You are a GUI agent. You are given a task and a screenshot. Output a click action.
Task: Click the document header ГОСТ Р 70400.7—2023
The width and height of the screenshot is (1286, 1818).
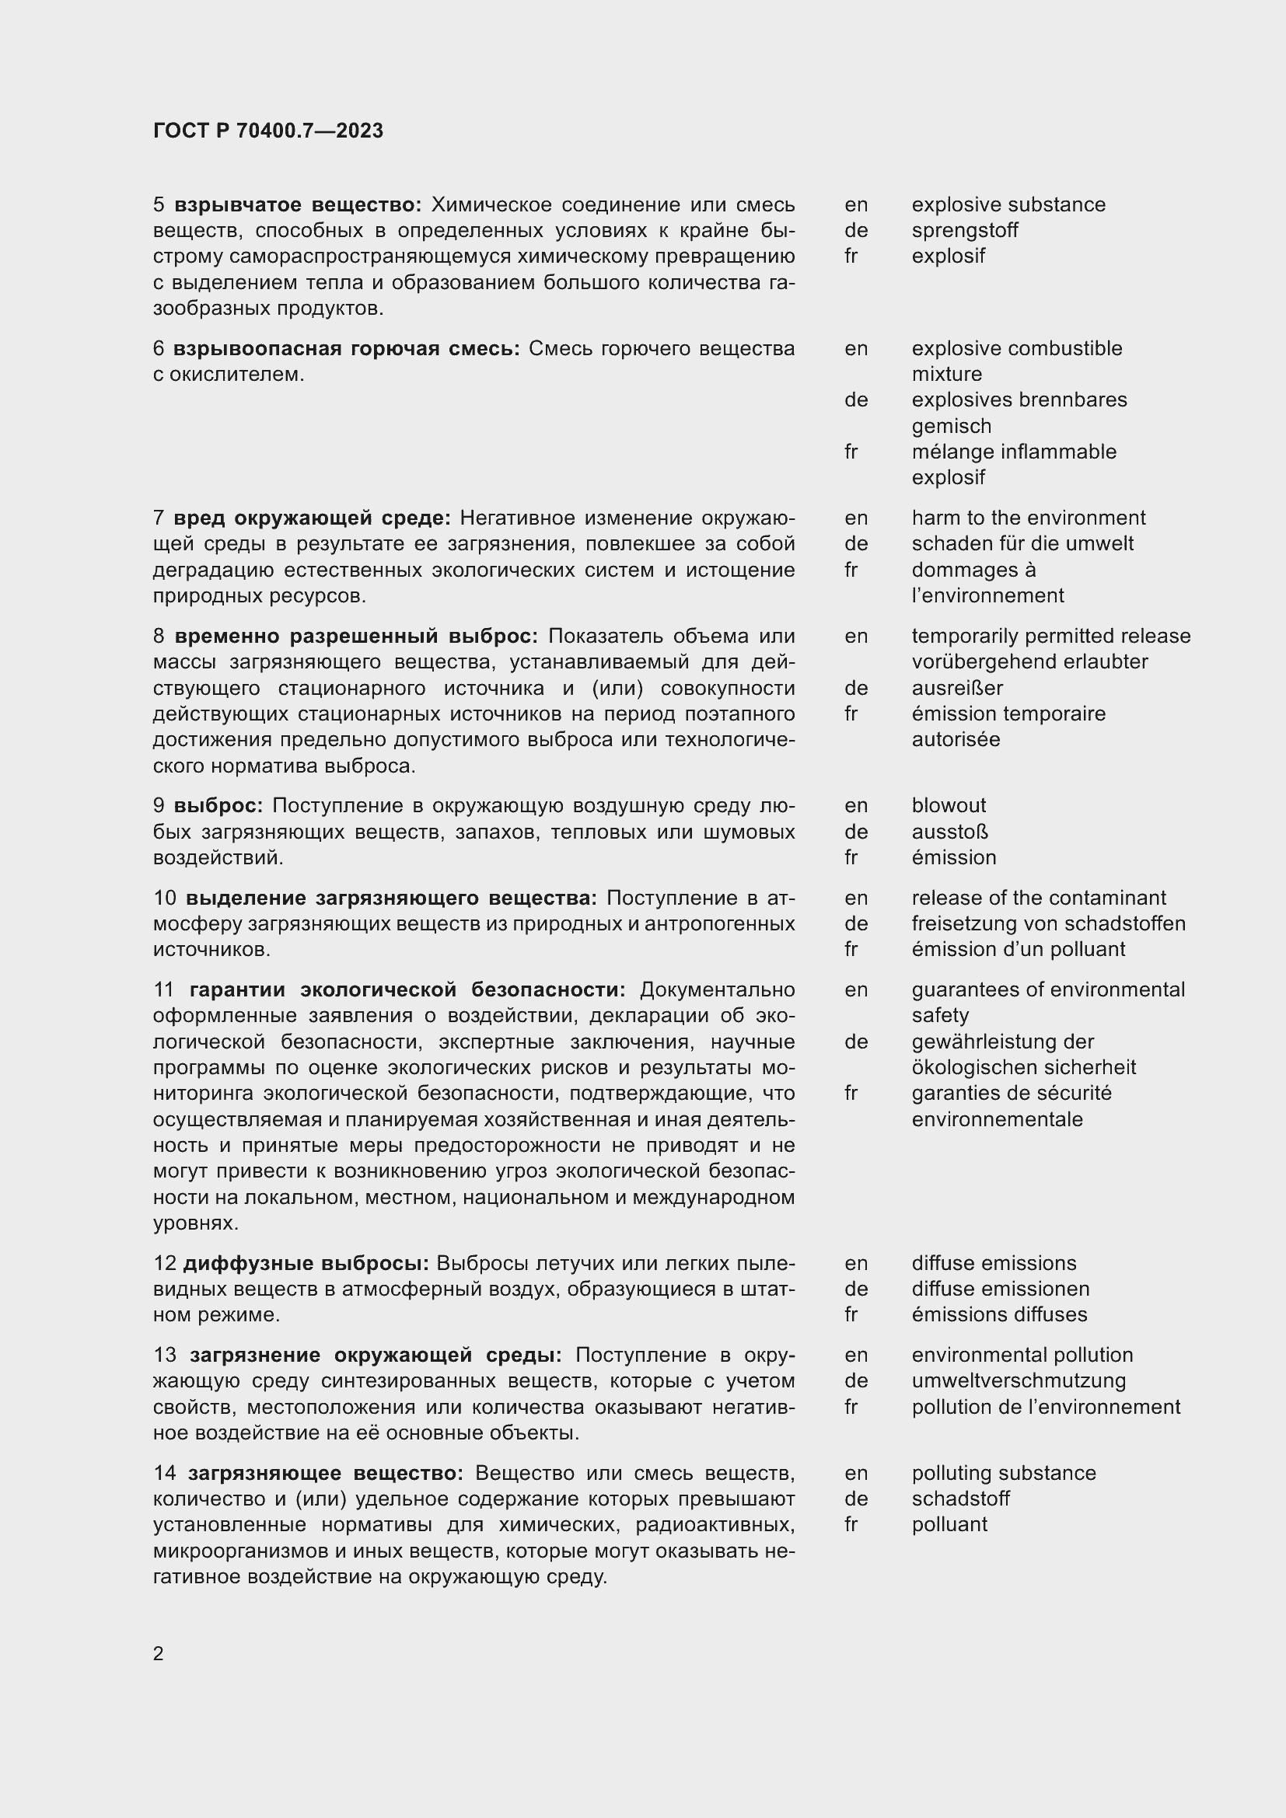267,131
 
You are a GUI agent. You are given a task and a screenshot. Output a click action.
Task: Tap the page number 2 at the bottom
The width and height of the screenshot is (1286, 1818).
159,1653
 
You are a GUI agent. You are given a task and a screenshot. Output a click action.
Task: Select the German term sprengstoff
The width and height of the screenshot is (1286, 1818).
963,230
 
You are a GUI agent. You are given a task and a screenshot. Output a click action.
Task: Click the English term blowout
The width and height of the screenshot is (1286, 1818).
948,805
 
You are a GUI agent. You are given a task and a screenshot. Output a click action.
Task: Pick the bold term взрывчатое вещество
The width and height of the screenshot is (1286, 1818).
298,205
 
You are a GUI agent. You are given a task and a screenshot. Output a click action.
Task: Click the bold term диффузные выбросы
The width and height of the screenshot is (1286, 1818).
306,1263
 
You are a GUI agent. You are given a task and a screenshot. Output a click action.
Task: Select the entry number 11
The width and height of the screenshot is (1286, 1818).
163,989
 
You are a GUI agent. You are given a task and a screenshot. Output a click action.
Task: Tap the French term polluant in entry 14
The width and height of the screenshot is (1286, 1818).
949,1524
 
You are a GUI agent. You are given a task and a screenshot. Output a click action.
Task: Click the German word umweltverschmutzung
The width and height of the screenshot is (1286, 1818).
1018,1380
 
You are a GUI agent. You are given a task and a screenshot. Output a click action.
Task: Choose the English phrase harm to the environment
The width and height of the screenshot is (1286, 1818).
1028,518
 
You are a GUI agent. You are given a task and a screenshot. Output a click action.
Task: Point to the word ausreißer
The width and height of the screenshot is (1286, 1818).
956,687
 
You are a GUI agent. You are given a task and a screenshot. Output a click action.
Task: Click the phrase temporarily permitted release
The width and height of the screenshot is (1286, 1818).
1050,636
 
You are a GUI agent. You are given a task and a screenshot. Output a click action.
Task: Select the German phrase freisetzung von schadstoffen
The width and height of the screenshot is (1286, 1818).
1047,923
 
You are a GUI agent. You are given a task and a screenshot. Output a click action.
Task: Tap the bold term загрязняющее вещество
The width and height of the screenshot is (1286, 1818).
325,1473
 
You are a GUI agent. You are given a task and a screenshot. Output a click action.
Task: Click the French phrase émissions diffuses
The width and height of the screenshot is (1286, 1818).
998,1314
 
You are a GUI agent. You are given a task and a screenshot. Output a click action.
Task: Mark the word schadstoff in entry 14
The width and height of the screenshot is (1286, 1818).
959,1498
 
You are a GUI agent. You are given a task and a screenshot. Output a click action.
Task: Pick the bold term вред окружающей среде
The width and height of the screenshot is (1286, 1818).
312,518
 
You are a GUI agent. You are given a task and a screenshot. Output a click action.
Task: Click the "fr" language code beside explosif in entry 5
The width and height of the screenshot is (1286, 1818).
851,256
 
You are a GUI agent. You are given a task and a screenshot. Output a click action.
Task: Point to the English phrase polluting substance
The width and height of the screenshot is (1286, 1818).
1003,1473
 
